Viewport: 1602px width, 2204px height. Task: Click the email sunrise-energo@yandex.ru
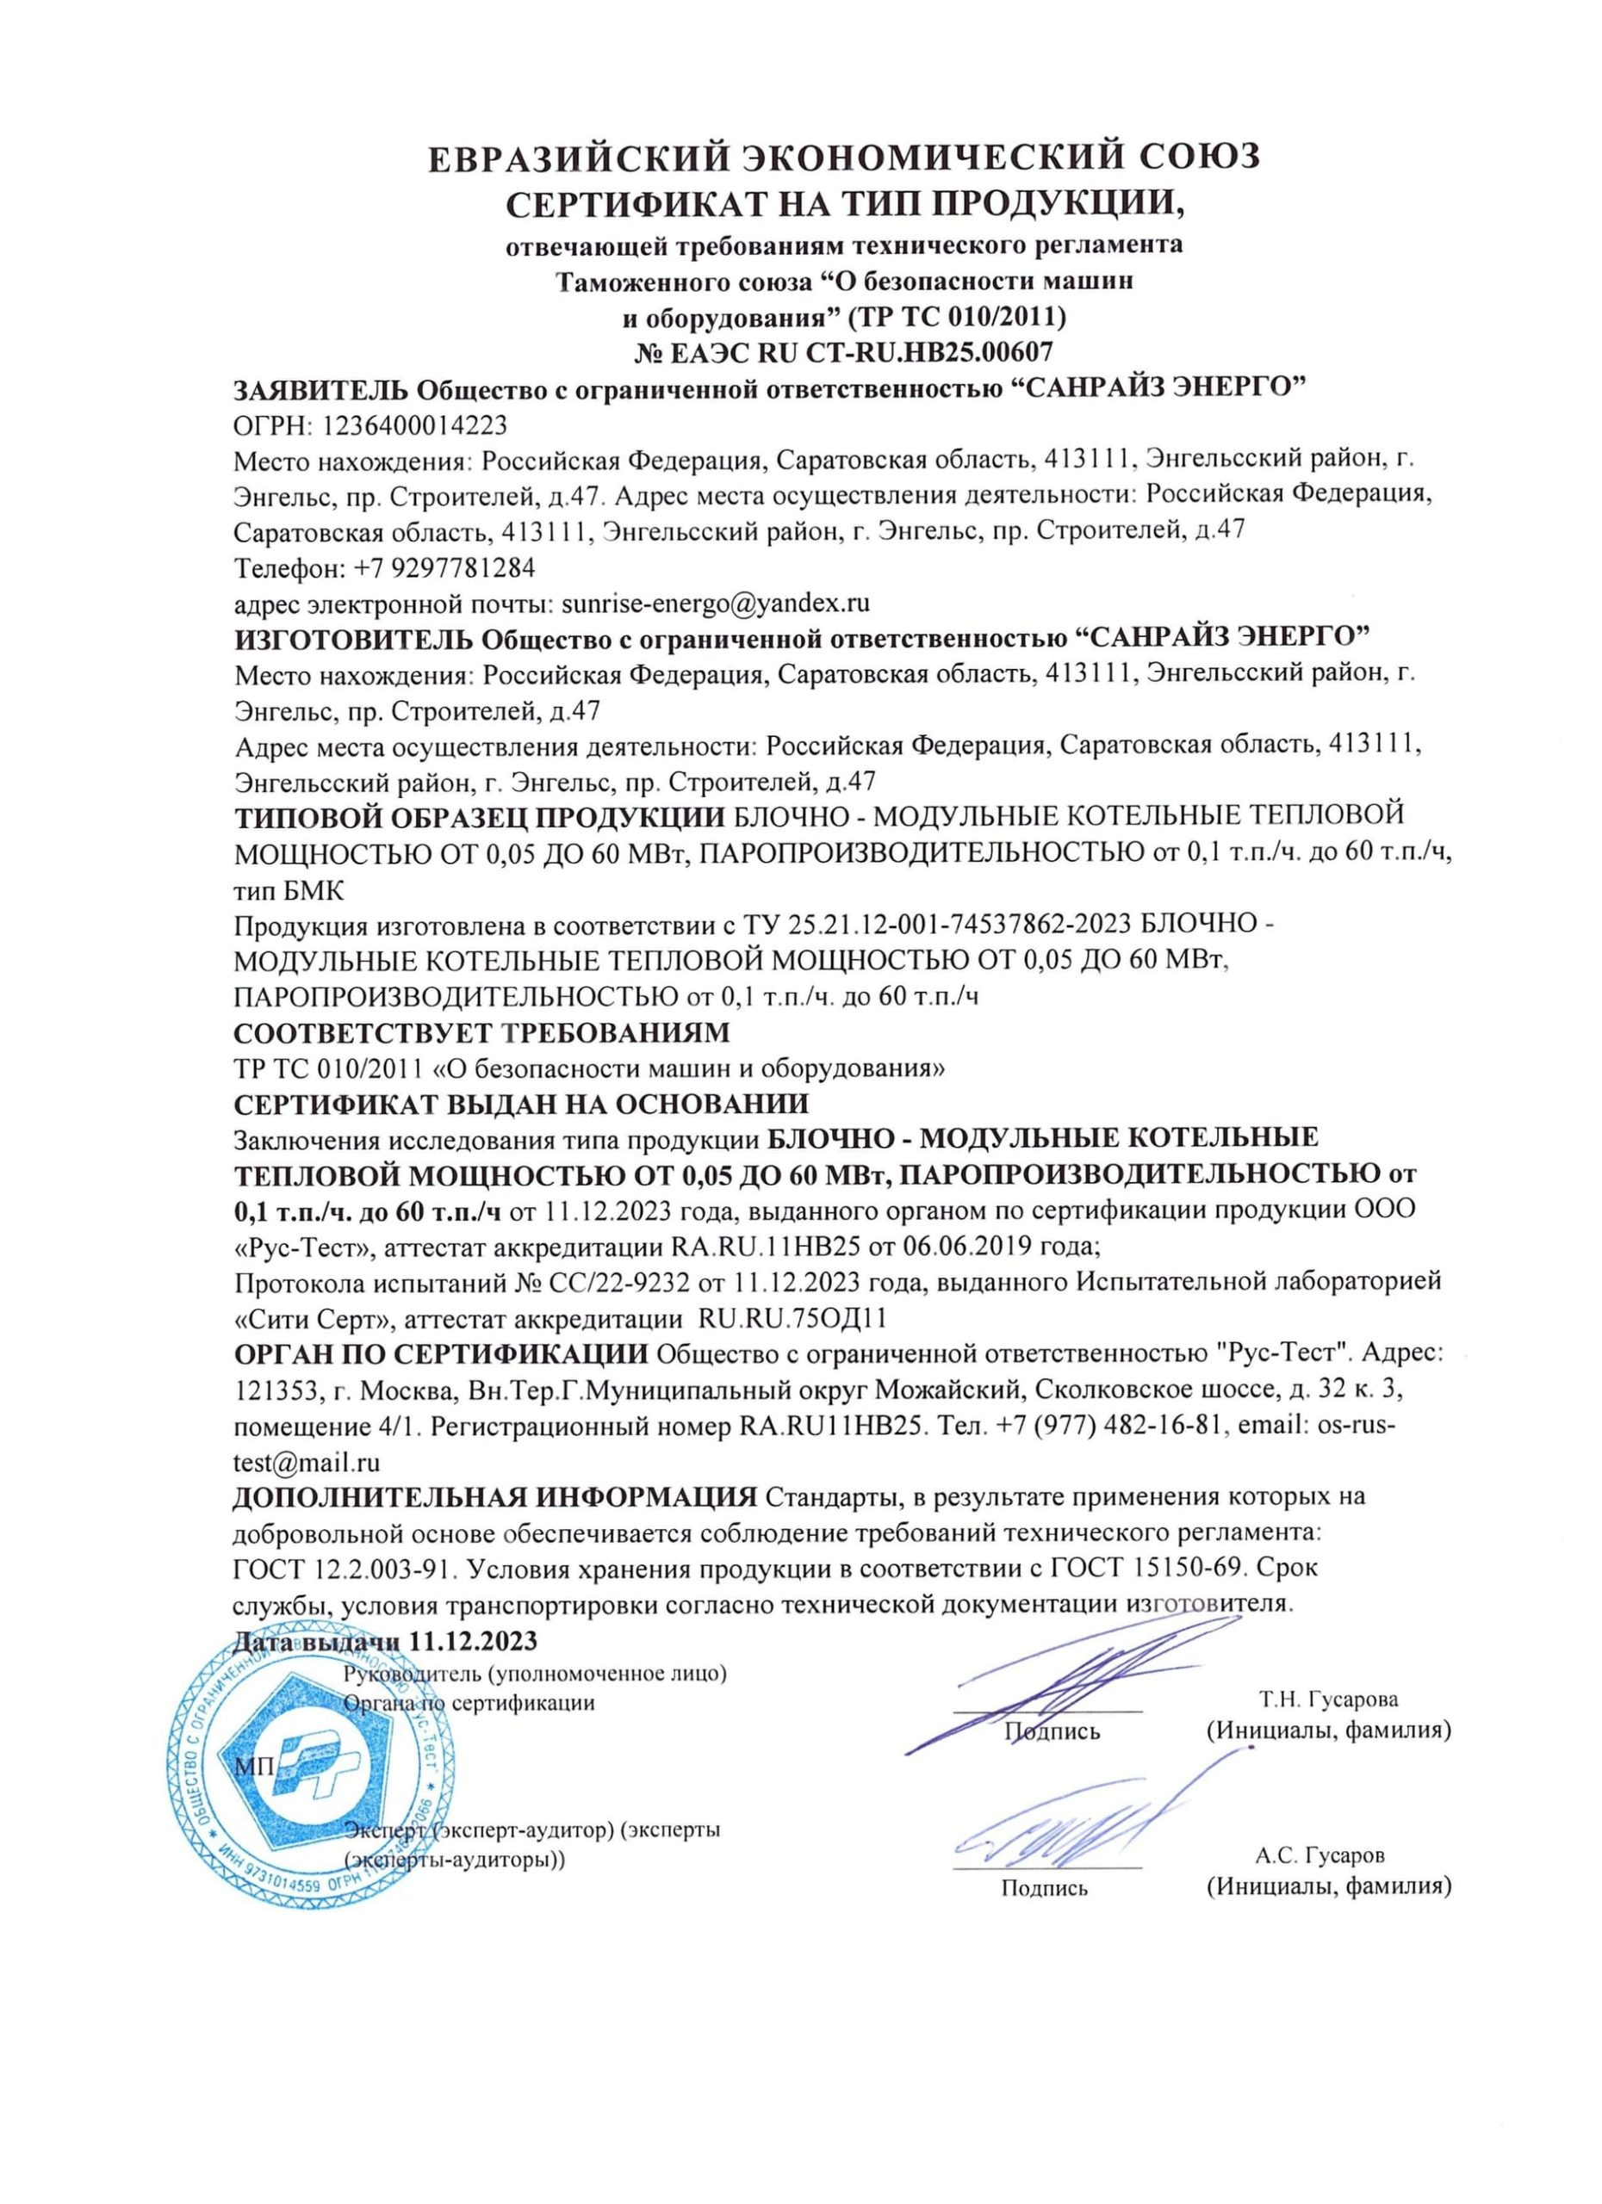pos(716,604)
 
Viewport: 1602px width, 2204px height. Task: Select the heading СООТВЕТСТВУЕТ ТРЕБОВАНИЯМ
pos(482,1030)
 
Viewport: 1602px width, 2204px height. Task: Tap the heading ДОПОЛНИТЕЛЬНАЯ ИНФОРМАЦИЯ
pos(494,1495)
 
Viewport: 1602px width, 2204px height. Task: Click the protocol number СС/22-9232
pos(618,1283)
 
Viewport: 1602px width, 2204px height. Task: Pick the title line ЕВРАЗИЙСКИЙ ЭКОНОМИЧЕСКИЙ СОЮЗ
pos(844,158)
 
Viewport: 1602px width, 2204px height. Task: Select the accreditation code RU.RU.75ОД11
pos(793,1319)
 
